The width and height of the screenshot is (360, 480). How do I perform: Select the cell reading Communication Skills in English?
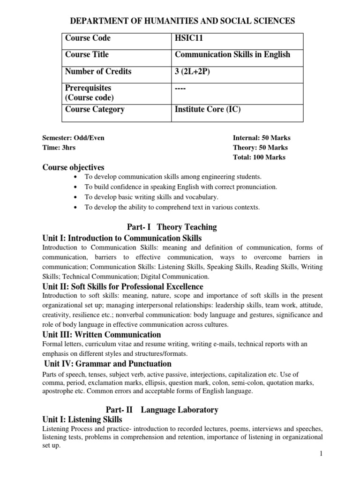232,55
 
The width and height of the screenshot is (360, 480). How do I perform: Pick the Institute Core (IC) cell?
207,110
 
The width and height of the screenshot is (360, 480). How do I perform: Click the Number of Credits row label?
98,72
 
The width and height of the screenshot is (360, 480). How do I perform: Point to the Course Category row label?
95,110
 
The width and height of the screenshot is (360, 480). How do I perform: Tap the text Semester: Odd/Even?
73,138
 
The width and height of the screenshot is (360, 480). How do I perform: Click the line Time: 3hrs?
59,147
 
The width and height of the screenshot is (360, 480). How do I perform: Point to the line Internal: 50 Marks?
262,138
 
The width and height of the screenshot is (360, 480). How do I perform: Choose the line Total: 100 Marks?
259,157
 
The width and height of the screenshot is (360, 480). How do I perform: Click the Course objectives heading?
74,167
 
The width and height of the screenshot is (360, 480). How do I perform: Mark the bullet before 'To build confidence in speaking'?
75,187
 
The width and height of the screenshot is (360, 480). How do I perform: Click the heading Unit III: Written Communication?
102,335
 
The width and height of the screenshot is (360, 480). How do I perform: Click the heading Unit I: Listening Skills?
82,420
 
